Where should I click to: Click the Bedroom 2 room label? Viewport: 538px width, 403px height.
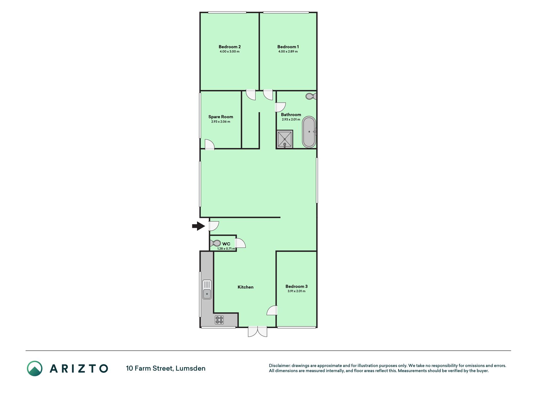coord(229,47)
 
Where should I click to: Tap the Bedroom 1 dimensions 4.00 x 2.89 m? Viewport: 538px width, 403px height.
coord(288,51)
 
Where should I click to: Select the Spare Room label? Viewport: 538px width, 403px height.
coord(221,117)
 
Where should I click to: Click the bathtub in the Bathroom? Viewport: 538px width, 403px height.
coord(309,132)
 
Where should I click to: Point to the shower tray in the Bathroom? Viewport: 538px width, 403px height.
coord(285,139)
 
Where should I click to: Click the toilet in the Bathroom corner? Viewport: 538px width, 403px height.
coord(311,96)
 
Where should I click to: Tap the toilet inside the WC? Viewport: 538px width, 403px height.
coord(216,243)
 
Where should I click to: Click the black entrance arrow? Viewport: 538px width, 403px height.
coord(199,226)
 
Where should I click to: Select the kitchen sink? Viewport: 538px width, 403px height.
coord(207,289)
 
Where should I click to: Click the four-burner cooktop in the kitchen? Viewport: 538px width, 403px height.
coord(219,320)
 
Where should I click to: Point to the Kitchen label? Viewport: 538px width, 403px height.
coord(246,287)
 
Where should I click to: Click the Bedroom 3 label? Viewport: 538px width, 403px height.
coord(296,286)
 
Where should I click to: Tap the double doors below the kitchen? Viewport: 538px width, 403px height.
coord(257,332)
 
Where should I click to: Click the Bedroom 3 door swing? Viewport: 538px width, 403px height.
coord(272,310)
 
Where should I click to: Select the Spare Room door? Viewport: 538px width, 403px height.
coord(210,145)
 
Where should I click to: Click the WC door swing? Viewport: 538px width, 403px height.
coord(240,243)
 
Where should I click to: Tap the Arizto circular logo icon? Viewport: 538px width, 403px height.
coord(35,368)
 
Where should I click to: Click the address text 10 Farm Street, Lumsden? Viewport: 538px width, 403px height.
coord(166,368)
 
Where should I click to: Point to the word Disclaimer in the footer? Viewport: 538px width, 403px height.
coord(280,366)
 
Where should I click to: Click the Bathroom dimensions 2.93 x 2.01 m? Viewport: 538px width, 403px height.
coord(291,119)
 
